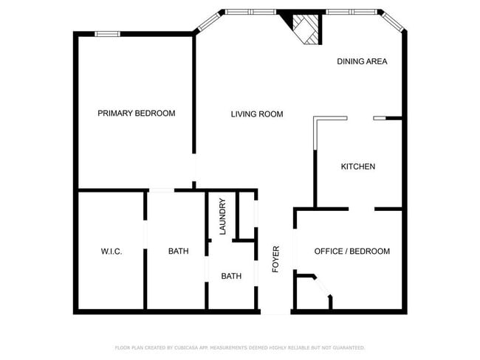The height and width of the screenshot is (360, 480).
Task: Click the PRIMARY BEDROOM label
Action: tap(137, 113)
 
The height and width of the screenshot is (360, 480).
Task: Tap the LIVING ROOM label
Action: tap(257, 114)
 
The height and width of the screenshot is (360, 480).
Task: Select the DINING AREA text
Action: tap(362, 61)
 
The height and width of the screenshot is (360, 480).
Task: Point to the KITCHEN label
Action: tap(357, 167)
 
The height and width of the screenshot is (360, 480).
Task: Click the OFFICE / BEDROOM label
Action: tap(352, 252)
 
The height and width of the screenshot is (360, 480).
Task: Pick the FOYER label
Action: tap(275, 259)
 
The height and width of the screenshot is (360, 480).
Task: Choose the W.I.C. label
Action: tap(112, 252)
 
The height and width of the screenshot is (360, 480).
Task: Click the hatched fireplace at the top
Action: tap(305, 30)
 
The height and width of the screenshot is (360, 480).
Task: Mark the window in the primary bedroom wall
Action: tap(108, 33)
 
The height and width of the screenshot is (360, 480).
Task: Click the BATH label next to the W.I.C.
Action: tap(178, 252)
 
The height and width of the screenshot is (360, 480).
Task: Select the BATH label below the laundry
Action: tap(231, 277)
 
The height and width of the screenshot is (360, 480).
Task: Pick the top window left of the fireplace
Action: tap(250, 12)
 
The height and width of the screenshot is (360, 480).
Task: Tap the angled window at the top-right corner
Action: tap(392, 21)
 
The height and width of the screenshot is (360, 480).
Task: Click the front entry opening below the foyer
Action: tap(275, 312)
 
